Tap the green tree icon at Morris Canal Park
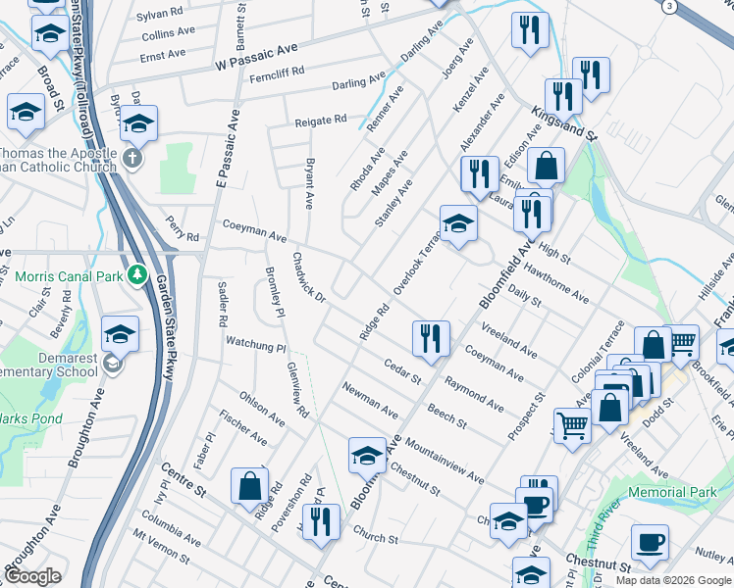pos(138,274)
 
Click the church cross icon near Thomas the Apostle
pos(134,157)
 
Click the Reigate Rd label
pos(322,121)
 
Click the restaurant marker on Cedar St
pos(431,339)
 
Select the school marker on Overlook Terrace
pos(458,224)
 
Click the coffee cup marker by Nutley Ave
pos(650,543)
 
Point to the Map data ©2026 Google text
pos(673,580)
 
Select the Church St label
pos(376,538)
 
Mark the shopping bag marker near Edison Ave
pos(547,166)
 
